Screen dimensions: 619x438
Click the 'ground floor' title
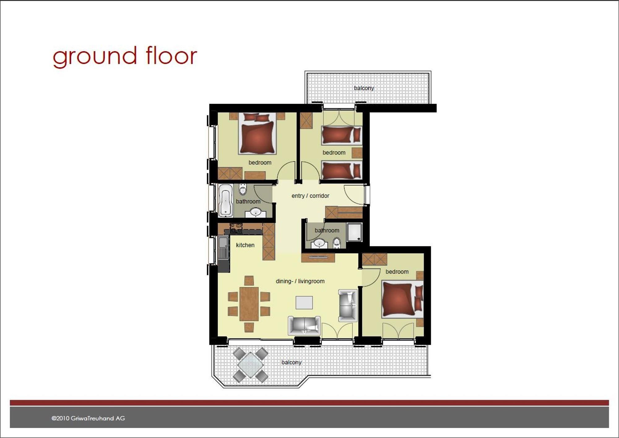point(125,56)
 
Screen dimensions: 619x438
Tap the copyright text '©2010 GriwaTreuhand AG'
point(88,418)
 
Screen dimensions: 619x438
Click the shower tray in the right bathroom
point(354,232)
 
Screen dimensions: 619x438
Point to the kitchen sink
point(223,247)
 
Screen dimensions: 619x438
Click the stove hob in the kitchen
point(236,228)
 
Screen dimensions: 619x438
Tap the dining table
point(249,304)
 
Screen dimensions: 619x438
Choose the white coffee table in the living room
point(304,303)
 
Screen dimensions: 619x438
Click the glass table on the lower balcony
point(250,365)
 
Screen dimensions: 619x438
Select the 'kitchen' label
point(245,245)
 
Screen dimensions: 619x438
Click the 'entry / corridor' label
point(310,196)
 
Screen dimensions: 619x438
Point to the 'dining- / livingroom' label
point(300,281)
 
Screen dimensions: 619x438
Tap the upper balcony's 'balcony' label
point(364,88)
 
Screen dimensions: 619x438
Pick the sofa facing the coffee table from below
point(304,325)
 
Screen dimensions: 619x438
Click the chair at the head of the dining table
point(249,281)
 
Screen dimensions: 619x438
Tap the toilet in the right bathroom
point(337,243)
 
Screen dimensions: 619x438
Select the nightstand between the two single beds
point(357,153)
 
